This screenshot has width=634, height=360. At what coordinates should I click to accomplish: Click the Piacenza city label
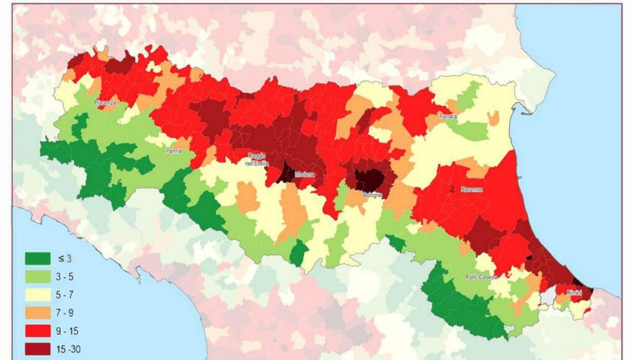pos(106,103)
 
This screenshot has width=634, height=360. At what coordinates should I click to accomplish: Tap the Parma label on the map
pos(173,150)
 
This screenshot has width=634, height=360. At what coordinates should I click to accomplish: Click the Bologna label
pos(373,194)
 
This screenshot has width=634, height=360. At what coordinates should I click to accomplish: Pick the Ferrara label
pos(447,117)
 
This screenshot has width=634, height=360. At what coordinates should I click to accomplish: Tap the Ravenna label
pos(472,189)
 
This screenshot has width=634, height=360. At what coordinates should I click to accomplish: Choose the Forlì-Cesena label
pos(481,277)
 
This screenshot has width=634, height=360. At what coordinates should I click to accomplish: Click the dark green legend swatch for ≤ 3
pos(37,258)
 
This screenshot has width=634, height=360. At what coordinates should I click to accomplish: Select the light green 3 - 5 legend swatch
pos(37,277)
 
